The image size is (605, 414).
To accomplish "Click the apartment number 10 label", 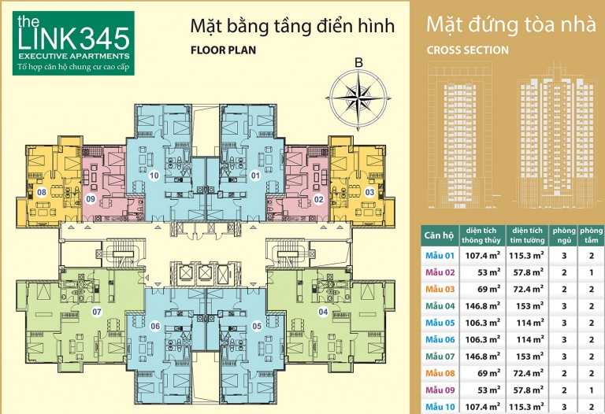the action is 154,176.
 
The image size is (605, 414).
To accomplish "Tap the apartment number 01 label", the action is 255,176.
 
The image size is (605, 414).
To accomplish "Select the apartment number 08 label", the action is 41,192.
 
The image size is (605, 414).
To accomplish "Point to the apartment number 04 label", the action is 323,312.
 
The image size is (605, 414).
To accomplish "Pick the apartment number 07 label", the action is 97,312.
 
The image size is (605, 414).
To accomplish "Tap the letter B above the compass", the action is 359,63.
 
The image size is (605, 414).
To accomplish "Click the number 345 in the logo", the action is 106,39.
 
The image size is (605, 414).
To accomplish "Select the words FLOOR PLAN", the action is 223,50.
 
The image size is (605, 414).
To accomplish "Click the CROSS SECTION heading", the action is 467,50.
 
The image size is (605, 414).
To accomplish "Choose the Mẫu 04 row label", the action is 440,306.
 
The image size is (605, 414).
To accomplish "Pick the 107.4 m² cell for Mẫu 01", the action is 483,255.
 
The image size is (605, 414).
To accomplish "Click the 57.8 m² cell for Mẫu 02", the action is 529,272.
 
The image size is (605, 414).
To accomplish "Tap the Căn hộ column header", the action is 439,235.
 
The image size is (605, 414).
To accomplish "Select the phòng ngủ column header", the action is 564,235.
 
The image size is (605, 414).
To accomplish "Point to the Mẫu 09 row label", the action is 440,390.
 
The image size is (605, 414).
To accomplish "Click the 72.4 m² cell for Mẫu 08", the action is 529,373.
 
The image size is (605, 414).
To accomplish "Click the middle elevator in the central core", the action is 203,272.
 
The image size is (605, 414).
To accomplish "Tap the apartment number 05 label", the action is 257,327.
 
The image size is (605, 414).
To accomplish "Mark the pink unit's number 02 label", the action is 318,199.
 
